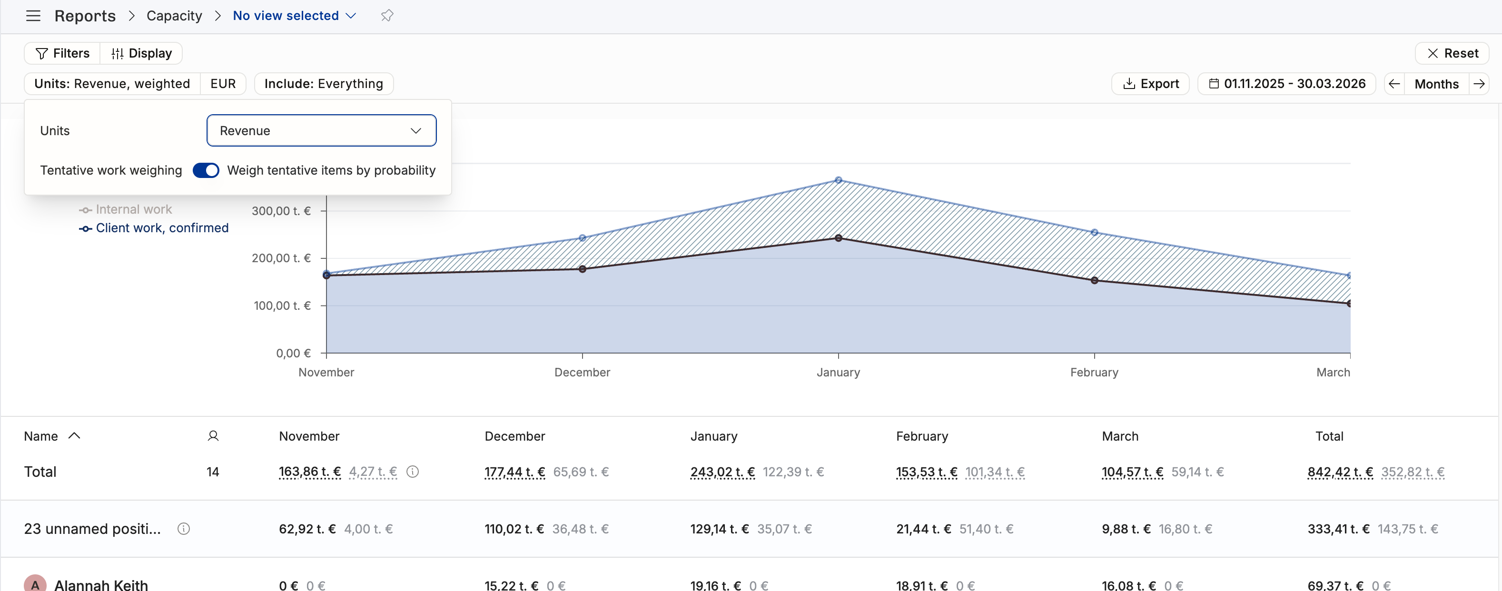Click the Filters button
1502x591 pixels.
pyautogui.click(x=62, y=53)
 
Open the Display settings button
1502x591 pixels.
pyautogui.click(x=141, y=53)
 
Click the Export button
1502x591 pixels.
pyautogui.click(x=1150, y=83)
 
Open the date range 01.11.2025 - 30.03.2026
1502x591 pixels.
pyautogui.click(x=1287, y=83)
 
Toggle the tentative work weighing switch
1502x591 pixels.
pyautogui.click(x=206, y=170)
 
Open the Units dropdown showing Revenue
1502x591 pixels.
pyautogui.click(x=321, y=130)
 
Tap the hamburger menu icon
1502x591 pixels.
pyautogui.click(x=33, y=16)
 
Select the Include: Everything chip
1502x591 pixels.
pyautogui.click(x=324, y=83)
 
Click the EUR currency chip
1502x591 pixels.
pyautogui.click(x=223, y=83)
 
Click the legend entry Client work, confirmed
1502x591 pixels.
pyautogui.click(x=154, y=228)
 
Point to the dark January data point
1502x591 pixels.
pyautogui.click(x=839, y=238)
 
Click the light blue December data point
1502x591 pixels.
pyautogui.click(x=583, y=238)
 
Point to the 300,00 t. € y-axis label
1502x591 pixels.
pyautogui.click(x=281, y=211)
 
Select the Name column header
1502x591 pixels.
pyautogui.click(x=41, y=436)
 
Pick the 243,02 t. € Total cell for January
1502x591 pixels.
pyautogui.click(x=722, y=472)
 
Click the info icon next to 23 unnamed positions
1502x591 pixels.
pyautogui.click(x=184, y=529)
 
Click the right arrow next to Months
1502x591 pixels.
pyautogui.click(x=1479, y=84)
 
